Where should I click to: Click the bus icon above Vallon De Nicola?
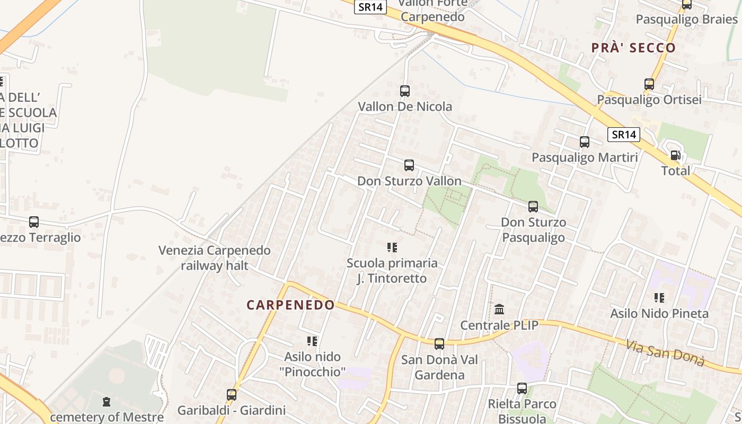(x=405, y=91)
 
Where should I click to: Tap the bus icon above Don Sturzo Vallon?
(x=409, y=165)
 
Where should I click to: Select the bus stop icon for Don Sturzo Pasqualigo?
(x=533, y=207)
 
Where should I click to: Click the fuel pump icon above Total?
(x=675, y=155)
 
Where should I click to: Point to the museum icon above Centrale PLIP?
(x=499, y=309)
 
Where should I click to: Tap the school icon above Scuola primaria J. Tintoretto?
(x=392, y=248)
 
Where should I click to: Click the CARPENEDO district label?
(x=290, y=305)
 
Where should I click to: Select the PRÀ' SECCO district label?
(x=633, y=48)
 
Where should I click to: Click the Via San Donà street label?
(x=665, y=353)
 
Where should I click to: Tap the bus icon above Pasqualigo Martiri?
(x=585, y=142)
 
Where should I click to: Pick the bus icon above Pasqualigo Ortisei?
(x=649, y=84)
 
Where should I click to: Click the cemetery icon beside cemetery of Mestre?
(x=107, y=402)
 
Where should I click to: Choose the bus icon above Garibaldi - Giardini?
(x=232, y=395)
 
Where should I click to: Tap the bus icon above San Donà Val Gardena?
(x=439, y=344)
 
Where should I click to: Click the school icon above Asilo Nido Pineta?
(x=659, y=298)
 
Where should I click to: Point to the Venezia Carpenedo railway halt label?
(x=215, y=258)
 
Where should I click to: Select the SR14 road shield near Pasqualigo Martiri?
(x=623, y=135)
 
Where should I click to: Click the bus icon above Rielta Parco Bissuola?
(x=522, y=388)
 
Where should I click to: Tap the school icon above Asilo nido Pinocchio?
(x=312, y=341)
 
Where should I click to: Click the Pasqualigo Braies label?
(x=686, y=20)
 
